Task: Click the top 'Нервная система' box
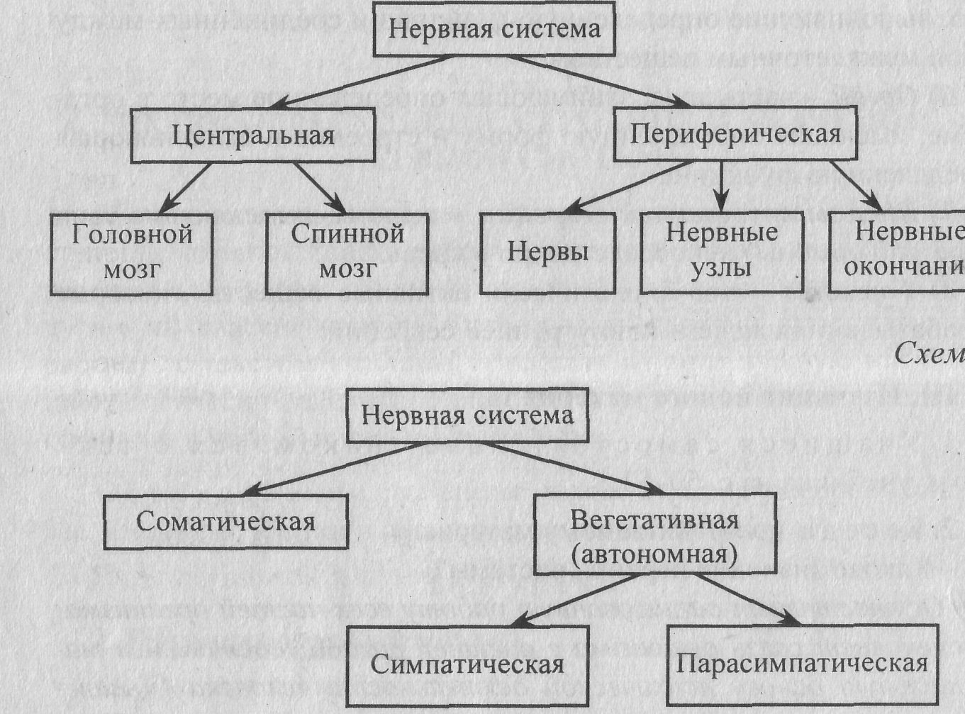pyautogui.click(x=494, y=30)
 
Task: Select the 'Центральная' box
pyautogui.click(x=252, y=135)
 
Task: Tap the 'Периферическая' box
pyautogui.click(x=735, y=133)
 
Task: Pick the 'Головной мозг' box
pyautogui.click(x=132, y=253)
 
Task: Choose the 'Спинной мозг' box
pyautogui.click(x=347, y=253)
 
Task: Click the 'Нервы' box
pyautogui.click(x=547, y=252)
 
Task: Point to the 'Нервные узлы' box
pyautogui.click(x=721, y=252)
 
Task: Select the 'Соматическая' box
pyautogui.click(x=225, y=522)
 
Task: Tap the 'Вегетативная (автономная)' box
pyautogui.click(x=654, y=535)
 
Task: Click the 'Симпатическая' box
pyautogui.click(x=467, y=664)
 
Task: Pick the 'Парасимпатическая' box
pyautogui.click(x=802, y=664)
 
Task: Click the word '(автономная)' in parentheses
pyautogui.click(x=654, y=553)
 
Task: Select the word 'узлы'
pyautogui.click(x=721, y=269)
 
